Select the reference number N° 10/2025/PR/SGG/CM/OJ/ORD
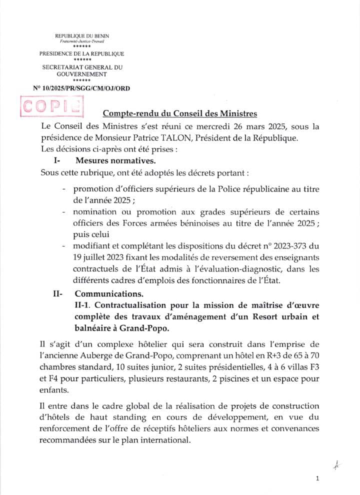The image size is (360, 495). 81,88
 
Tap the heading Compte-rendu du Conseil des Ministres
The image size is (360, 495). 180,113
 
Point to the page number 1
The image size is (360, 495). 317,478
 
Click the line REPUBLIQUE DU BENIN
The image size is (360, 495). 81,36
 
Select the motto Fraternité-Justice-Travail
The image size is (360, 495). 81,41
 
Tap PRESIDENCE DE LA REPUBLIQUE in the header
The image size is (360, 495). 81,54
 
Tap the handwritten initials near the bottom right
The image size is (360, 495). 336,465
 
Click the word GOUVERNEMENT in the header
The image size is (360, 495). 81,73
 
